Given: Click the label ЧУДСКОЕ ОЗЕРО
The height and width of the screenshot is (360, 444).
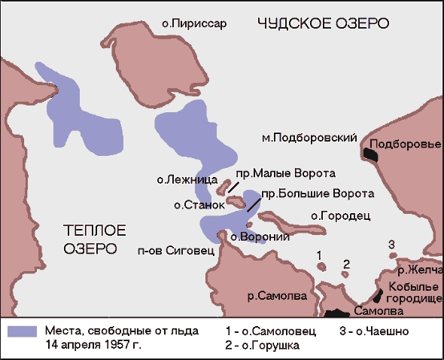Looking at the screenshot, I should [323, 23].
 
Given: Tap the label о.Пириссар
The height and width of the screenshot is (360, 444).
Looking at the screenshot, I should [194, 24].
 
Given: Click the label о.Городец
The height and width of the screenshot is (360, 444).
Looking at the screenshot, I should [338, 216].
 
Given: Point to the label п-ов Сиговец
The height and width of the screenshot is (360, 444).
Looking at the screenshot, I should [175, 250].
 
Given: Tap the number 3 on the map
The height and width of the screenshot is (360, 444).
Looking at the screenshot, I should [391, 244].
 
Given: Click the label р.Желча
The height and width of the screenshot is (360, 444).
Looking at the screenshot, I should [420, 269].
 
